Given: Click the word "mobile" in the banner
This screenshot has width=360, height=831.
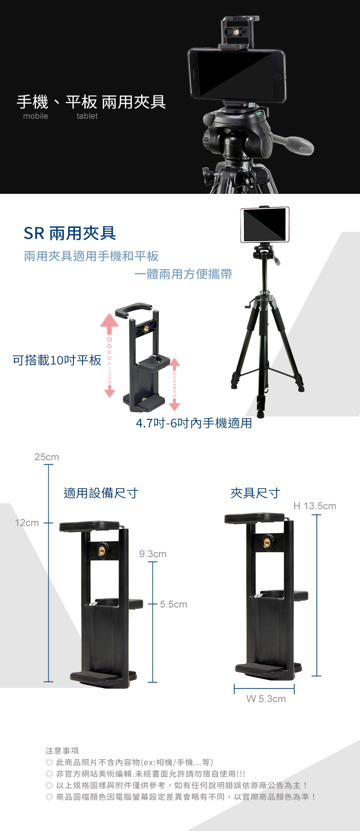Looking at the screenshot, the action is click(x=36, y=116).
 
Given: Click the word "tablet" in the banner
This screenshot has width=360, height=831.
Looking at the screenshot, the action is click(x=87, y=116).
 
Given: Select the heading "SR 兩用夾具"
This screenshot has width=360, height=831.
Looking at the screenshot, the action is click(x=70, y=233).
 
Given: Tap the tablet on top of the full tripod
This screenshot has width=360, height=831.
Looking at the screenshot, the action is click(x=265, y=225).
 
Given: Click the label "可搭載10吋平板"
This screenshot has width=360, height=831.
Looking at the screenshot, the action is click(x=57, y=360).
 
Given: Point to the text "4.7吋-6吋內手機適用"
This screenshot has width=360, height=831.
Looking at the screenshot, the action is click(x=194, y=423).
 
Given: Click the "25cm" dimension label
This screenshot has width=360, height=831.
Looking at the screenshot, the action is click(x=47, y=457).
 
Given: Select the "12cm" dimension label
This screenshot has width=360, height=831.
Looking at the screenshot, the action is click(x=27, y=522).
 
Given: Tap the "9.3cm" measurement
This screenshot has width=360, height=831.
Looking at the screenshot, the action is click(x=153, y=554).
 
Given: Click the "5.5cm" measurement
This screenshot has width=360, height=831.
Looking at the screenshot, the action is click(x=173, y=605).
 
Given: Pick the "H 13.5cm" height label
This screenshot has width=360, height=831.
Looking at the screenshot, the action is click(x=315, y=506).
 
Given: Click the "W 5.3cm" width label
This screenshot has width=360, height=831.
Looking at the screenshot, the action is click(x=266, y=699).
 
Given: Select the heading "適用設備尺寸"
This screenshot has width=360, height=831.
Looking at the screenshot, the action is click(x=101, y=493).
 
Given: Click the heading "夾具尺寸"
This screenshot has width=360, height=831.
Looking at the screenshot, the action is click(x=255, y=493).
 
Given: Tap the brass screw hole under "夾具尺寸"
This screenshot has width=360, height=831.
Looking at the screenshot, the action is click(x=267, y=543).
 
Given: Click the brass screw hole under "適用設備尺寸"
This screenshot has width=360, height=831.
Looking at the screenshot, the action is click(x=102, y=550).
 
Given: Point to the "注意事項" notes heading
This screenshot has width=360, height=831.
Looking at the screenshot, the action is click(x=62, y=751).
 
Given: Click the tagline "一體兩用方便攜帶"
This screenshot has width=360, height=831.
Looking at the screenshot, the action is click(x=183, y=274).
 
